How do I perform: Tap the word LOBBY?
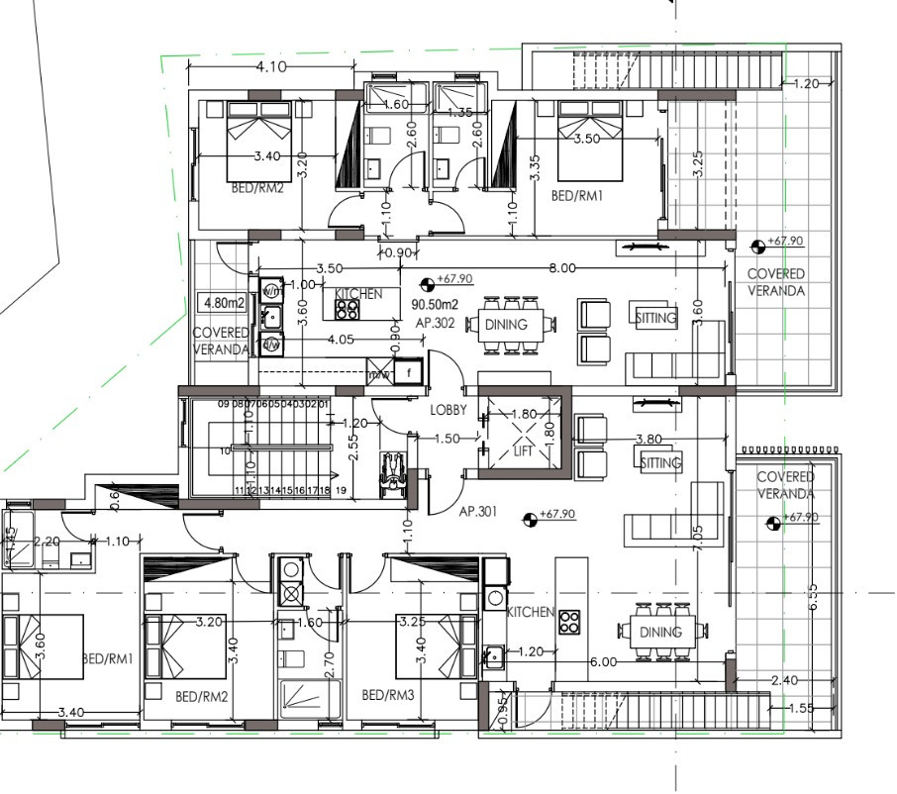[x=448, y=410]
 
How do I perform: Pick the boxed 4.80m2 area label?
[x=220, y=302]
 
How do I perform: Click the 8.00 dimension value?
[x=562, y=268]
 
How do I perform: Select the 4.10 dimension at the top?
[x=270, y=67]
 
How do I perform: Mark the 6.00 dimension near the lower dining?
[x=603, y=662]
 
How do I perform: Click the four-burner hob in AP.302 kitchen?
[x=347, y=309]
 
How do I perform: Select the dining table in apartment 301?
[x=659, y=631]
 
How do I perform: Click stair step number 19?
[x=340, y=490]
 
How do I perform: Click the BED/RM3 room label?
[x=387, y=696]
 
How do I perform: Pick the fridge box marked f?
[x=406, y=372]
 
